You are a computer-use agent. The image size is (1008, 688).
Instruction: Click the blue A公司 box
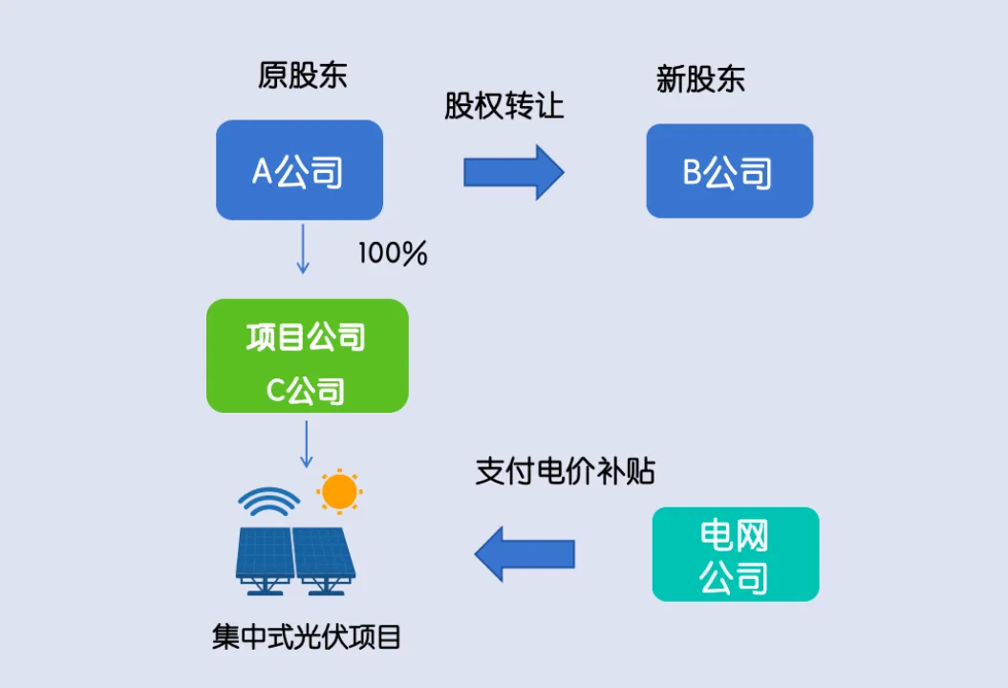tap(299, 170)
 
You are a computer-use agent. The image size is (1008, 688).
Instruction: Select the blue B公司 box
tap(729, 171)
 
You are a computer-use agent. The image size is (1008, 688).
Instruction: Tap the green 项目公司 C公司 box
tap(307, 355)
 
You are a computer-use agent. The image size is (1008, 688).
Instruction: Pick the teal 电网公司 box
tap(735, 554)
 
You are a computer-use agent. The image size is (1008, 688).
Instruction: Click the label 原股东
tap(302, 75)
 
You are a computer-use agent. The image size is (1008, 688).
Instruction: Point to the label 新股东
tap(700, 78)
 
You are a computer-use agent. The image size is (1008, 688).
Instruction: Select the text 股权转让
tap(504, 106)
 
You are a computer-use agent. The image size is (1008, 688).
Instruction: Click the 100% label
tap(393, 254)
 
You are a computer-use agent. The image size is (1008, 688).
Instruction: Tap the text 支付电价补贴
tap(565, 471)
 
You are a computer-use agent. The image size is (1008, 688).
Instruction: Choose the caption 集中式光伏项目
tap(307, 636)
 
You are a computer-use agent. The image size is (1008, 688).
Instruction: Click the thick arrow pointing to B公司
tap(514, 172)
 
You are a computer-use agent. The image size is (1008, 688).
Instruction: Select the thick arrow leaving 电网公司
tap(525, 553)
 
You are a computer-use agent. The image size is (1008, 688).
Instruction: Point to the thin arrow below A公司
tap(303, 248)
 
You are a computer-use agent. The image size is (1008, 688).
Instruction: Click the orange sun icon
tap(339, 491)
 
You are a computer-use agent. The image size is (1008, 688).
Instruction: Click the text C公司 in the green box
tap(306, 390)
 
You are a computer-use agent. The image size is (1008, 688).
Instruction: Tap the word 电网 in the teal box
tap(734, 536)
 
